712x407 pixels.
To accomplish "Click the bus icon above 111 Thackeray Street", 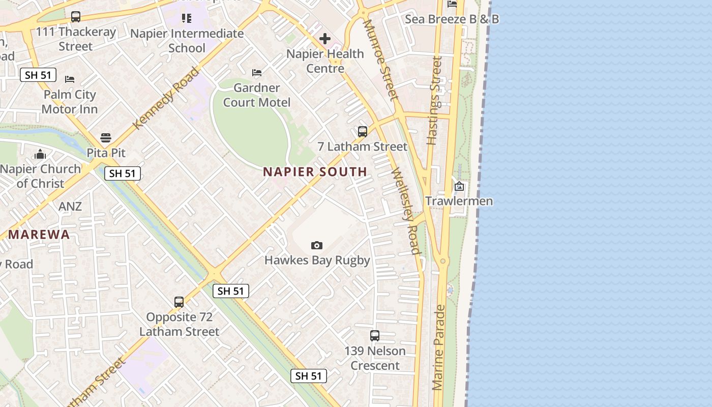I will click(76, 17).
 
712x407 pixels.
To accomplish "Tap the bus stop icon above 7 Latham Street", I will click(363, 132).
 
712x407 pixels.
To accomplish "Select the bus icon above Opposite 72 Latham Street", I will click(179, 302).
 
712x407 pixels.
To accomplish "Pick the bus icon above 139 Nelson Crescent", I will click(375, 336).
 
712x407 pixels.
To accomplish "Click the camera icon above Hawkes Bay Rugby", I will click(317, 246).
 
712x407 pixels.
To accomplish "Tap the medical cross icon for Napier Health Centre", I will click(325, 39).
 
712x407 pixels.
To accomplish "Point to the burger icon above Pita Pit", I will click(106, 138).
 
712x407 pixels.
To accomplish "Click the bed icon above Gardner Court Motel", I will click(257, 73).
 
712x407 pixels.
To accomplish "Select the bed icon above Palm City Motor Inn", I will click(70, 79).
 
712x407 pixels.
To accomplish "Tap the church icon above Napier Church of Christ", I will click(40, 155).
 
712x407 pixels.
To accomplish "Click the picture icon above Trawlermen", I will click(459, 186).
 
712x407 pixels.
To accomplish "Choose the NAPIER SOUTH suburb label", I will click(315, 172).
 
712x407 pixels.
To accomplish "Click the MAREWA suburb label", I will click(39, 235).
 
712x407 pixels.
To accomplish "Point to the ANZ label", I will click(70, 206).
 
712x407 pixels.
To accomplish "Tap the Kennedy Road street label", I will click(166, 97).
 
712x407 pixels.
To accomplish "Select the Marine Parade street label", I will click(439, 347).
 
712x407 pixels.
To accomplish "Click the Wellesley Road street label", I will click(406, 211).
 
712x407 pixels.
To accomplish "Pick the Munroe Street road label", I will click(380, 60).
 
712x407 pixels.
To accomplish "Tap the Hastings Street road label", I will click(434, 100).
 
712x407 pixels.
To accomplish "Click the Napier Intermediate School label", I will click(187, 41).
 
